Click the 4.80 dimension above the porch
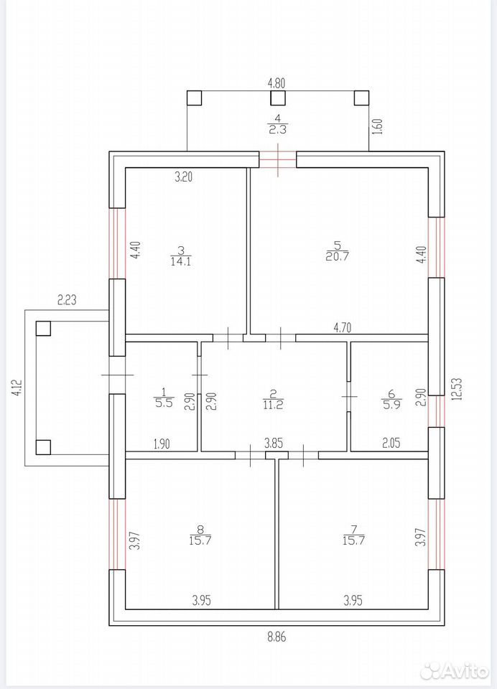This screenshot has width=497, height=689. pyautogui.click(x=277, y=83)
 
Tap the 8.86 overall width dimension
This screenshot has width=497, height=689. pyautogui.click(x=277, y=637)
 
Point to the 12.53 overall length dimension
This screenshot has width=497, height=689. pyautogui.click(x=457, y=389)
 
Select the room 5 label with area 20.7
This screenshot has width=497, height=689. pyautogui.click(x=338, y=251)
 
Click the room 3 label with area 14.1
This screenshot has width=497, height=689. pyautogui.click(x=181, y=256)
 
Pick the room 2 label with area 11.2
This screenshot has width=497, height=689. pyautogui.click(x=273, y=400)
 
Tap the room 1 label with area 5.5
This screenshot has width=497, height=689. pyautogui.click(x=164, y=397)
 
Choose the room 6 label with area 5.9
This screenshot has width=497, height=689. pyautogui.click(x=391, y=400)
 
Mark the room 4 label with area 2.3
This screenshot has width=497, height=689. pyautogui.click(x=277, y=123)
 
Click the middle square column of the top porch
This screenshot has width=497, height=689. pyautogui.click(x=277, y=98)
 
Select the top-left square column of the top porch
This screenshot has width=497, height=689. pyautogui.click(x=194, y=98)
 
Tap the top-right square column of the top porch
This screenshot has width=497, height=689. pyautogui.click(x=361, y=98)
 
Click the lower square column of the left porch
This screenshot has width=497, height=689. pyautogui.click(x=43, y=447)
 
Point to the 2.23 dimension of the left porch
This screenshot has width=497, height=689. pyautogui.click(x=67, y=300)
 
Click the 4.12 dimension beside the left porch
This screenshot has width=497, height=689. pyautogui.click(x=17, y=388)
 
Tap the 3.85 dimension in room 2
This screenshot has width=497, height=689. pyautogui.click(x=274, y=443)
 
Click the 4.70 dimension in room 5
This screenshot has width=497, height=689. pyautogui.click(x=343, y=327)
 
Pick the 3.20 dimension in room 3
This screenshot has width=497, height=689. pyautogui.click(x=184, y=177)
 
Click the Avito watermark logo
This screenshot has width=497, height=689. pyautogui.click(x=455, y=670)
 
